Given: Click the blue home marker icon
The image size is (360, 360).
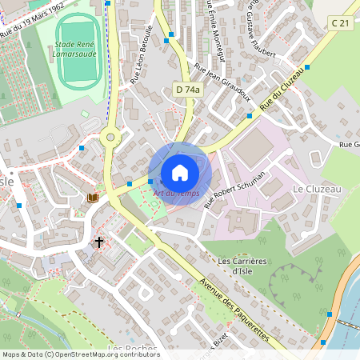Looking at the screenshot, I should [179, 173].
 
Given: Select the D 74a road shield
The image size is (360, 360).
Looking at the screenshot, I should [186, 90].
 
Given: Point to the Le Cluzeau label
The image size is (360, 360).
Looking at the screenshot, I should [318, 189].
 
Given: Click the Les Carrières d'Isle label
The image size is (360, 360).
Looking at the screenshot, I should [241, 266].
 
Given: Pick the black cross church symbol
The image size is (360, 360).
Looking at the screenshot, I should [99, 242].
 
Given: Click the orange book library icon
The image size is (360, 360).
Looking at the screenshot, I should [93, 198].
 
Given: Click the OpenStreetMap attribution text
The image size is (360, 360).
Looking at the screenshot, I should [80, 354].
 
